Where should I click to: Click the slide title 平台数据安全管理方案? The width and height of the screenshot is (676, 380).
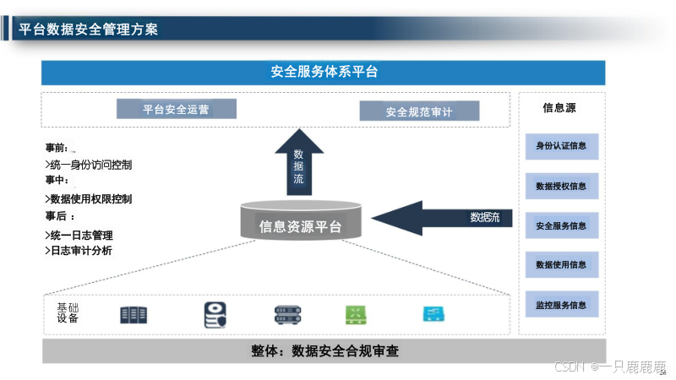(x=88, y=30)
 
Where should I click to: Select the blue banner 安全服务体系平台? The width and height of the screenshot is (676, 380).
(x=324, y=73)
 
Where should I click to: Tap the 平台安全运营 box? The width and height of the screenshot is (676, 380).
(x=176, y=109)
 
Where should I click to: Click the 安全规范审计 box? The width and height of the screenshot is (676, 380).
(x=419, y=111)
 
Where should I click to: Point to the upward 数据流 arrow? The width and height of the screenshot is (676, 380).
(x=298, y=160)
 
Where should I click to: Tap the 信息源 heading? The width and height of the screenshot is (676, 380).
(x=559, y=108)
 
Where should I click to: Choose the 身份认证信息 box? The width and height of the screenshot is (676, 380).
(x=561, y=146)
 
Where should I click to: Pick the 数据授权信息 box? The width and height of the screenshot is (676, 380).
(x=561, y=186)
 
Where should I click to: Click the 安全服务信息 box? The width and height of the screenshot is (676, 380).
(x=561, y=225)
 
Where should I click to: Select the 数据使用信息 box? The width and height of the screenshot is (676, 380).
(x=561, y=264)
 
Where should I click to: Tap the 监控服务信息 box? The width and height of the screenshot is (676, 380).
(x=561, y=304)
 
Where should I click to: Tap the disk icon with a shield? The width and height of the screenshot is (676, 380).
(x=215, y=315)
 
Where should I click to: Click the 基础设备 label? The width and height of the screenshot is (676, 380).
(x=68, y=312)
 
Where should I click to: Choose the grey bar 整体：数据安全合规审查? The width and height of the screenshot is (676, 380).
(x=324, y=350)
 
